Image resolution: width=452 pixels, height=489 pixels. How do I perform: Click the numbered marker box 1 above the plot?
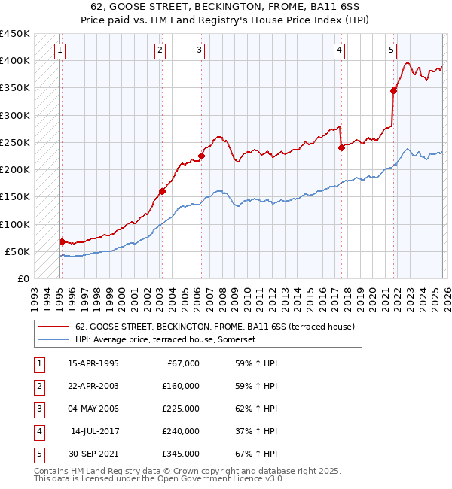60,50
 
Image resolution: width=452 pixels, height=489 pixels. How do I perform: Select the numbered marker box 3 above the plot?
199,50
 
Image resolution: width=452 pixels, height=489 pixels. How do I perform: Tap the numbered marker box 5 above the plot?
391,50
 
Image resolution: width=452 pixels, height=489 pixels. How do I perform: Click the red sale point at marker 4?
341,147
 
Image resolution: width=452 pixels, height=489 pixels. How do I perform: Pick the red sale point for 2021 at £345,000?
393,90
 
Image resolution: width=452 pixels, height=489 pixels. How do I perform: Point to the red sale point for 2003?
162,191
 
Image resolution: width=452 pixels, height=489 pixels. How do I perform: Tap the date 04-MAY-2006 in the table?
93,409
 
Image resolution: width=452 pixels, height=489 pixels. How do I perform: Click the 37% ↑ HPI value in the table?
256,431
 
